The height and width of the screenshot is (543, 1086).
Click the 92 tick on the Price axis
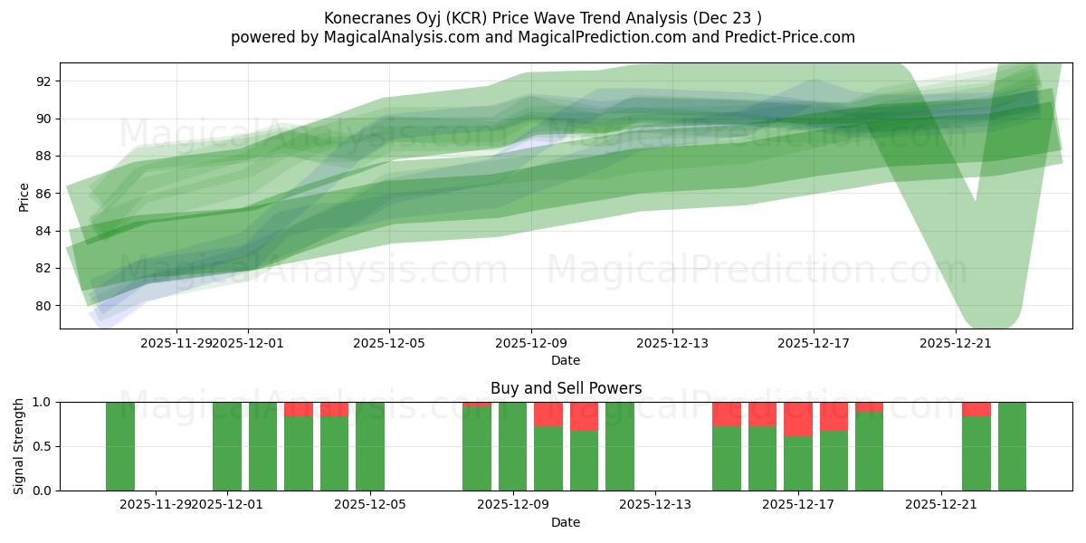pos(43,81)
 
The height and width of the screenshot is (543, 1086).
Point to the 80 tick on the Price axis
pos(43,306)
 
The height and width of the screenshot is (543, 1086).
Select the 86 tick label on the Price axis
pos(43,194)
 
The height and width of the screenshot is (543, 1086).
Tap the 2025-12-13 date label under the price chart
pos(672,343)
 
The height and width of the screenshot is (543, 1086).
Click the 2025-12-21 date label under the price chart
pos(956,343)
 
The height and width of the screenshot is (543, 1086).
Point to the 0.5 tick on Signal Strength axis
pos(42,447)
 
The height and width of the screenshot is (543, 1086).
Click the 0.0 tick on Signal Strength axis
pos(42,491)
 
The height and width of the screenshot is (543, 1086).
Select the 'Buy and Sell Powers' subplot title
pos(566,388)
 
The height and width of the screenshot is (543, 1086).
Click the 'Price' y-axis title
pos(24,196)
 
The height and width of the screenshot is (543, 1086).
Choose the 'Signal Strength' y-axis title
pos(19,446)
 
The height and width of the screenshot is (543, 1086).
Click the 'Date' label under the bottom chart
pos(566,522)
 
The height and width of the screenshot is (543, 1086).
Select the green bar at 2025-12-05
pos(370,446)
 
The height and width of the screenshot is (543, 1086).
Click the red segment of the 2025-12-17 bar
pos(798,419)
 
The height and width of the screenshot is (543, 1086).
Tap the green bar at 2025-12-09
pos(513,446)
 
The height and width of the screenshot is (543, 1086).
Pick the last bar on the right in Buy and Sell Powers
pos(1012,446)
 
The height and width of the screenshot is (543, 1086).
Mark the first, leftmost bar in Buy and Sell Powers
pos(120,446)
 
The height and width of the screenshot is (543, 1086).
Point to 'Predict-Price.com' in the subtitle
pos(786,37)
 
